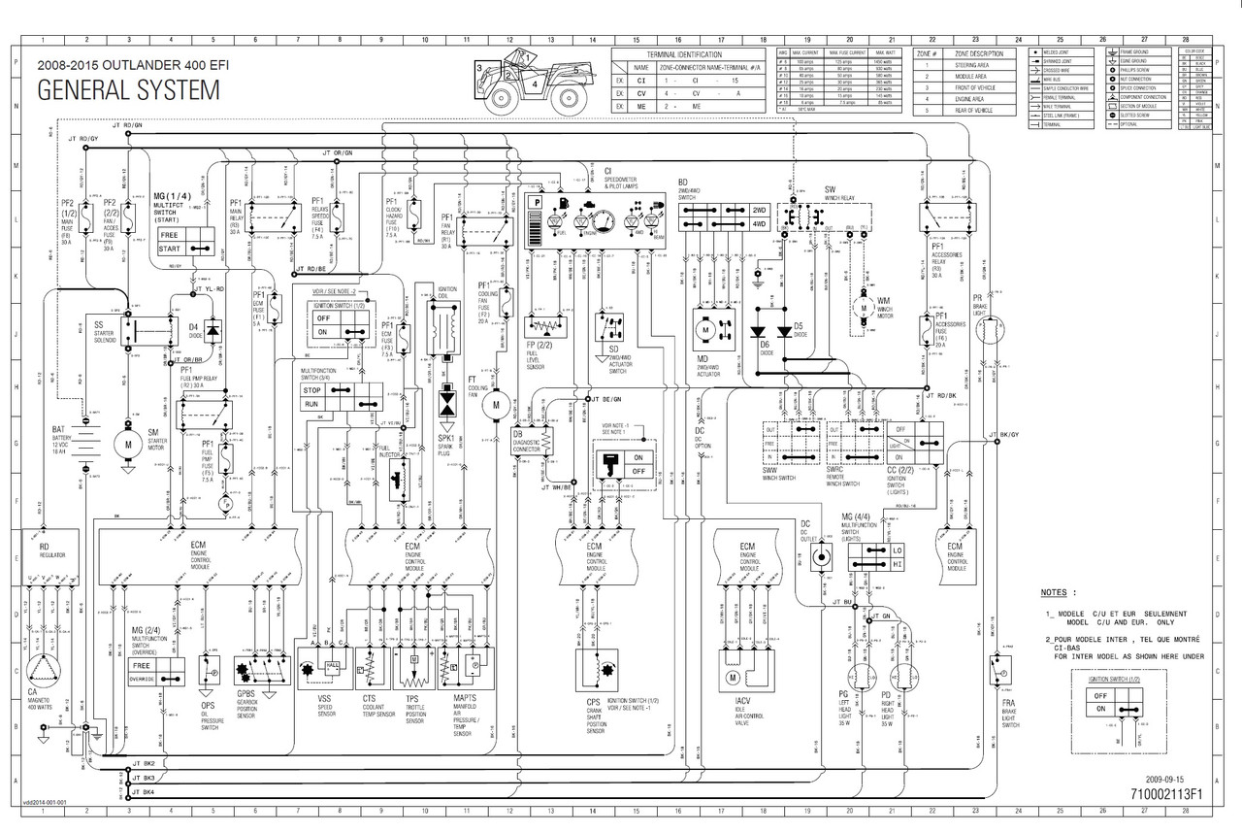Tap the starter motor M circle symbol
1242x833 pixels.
[127, 443]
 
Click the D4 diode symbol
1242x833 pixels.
[212, 328]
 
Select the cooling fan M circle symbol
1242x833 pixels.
[496, 404]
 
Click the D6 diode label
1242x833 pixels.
[764, 346]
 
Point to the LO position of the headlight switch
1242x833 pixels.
[897, 550]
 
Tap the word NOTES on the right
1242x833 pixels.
[1059, 592]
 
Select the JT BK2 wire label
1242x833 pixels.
[143, 764]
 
